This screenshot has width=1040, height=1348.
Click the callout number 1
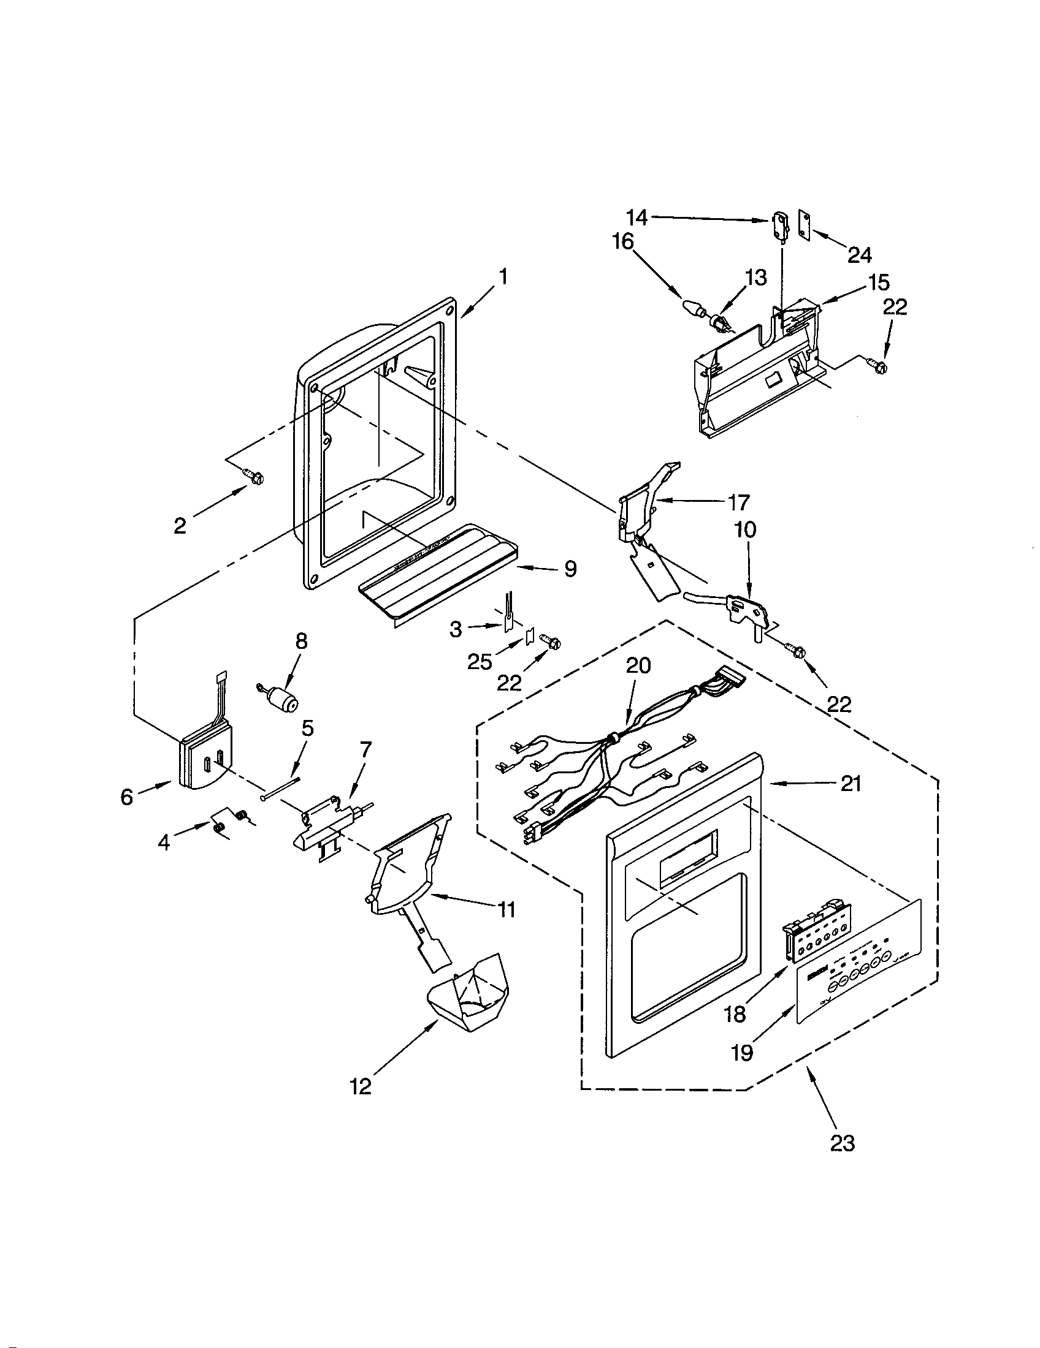503,277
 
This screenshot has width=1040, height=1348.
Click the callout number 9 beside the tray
570,569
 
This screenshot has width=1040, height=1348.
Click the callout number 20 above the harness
638,666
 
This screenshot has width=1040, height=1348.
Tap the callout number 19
743,1052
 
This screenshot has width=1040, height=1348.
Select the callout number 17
739,503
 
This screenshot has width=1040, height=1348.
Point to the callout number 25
480,662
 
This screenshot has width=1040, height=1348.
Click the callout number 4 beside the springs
163,842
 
